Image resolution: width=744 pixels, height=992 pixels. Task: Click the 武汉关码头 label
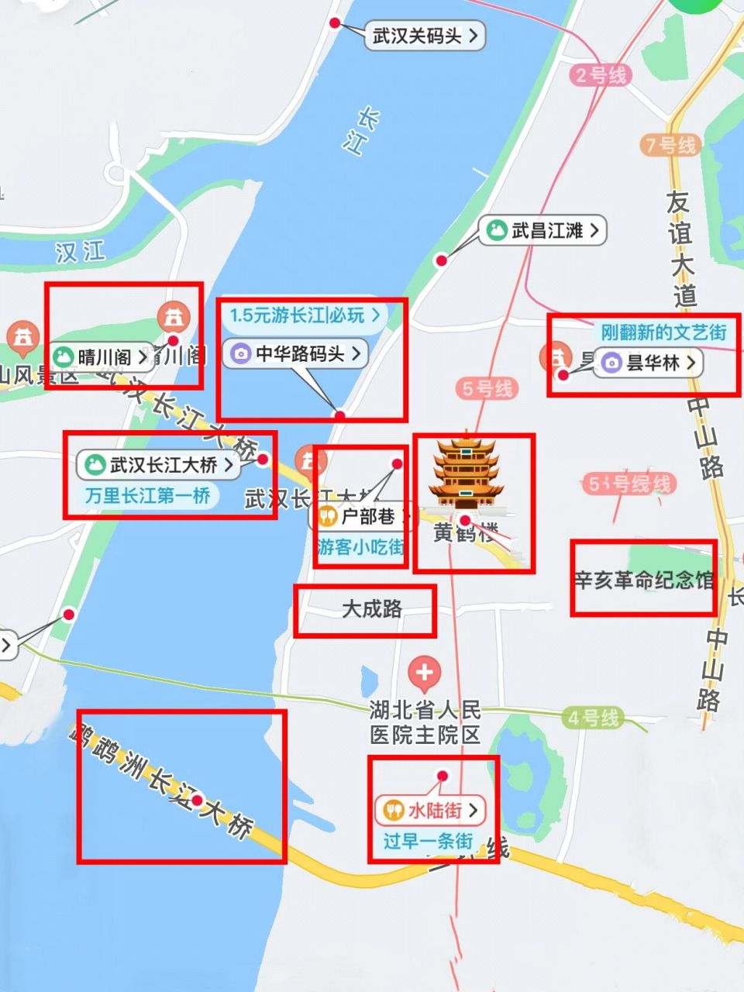(x=425, y=36)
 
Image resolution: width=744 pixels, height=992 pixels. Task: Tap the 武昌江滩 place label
(x=542, y=230)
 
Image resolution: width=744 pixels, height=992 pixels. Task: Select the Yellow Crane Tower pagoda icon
(x=466, y=473)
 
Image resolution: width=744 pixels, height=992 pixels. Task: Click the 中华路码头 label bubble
(x=295, y=353)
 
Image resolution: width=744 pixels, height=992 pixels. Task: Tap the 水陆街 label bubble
(x=430, y=811)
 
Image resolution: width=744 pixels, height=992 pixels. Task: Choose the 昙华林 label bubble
(x=649, y=362)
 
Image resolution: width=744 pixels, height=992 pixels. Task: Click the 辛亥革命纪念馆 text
(x=643, y=580)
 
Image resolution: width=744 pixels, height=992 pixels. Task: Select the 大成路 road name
(x=372, y=609)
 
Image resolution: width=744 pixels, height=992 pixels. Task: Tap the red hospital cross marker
(x=424, y=673)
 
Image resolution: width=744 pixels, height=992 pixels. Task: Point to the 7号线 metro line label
(x=670, y=145)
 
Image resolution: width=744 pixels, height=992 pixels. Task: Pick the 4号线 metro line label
(x=593, y=718)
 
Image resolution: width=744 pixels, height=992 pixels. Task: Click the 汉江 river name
(x=80, y=252)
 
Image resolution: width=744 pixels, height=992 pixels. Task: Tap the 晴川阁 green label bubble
(x=101, y=356)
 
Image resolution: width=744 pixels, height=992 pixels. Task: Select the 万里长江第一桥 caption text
(x=147, y=495)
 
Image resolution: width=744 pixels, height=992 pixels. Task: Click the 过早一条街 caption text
(x=428, y=841)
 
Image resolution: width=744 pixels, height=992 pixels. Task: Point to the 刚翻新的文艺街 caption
(x=664, y=332)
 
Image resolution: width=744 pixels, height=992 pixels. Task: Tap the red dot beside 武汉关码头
(x=335, y=23)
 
